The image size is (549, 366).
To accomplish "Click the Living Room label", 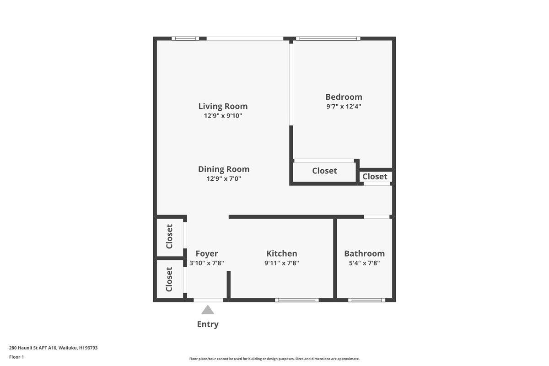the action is click(223, 106).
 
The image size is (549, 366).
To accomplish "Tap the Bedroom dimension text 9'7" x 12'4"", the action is click(344, 107).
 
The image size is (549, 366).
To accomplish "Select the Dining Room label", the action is click(224, 169).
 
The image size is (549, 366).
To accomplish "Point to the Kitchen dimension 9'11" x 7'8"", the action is click(282, 263).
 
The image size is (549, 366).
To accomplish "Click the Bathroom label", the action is click(364, 253).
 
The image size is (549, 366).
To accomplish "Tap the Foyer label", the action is click(207, 254).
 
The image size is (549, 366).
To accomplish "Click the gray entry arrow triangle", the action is click(208, 310).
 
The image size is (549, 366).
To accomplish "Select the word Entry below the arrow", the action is click(208, 324).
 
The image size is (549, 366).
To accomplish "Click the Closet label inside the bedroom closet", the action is click(324, 171).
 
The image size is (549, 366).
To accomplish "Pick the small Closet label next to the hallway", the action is click(375, 177).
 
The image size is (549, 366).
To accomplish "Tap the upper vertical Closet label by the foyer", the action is click(169, 237).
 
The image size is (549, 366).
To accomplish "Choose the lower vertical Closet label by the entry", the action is click(169, 280).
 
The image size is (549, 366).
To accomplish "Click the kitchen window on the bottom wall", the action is click(296, 300).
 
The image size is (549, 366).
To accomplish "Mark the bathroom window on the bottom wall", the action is click(366, 300).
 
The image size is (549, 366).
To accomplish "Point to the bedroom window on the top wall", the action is click(328, 38).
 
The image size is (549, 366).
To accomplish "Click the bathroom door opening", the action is click(377, 217).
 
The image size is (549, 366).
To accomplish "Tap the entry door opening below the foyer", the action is click(208, 300).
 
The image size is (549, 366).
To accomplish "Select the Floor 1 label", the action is click(16, 357).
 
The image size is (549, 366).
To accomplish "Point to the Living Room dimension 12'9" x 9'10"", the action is click(223, 116).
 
